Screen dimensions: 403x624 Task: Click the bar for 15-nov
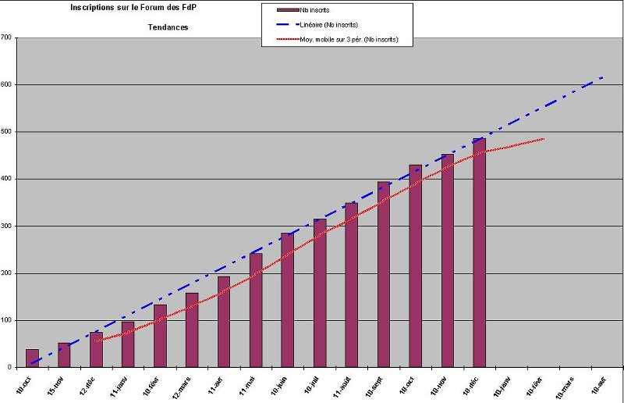(64, 355)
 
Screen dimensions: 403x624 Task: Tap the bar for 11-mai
(256, 310)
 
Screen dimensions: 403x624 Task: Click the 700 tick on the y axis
(7, 37)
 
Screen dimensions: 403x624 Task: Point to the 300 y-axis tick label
(7, 226)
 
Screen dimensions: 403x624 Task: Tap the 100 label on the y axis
(7, 320)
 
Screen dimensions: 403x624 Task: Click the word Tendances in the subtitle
(168, 27)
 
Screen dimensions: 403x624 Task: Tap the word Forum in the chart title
(146, 8)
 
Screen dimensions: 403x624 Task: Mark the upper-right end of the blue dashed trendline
(603, 77)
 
